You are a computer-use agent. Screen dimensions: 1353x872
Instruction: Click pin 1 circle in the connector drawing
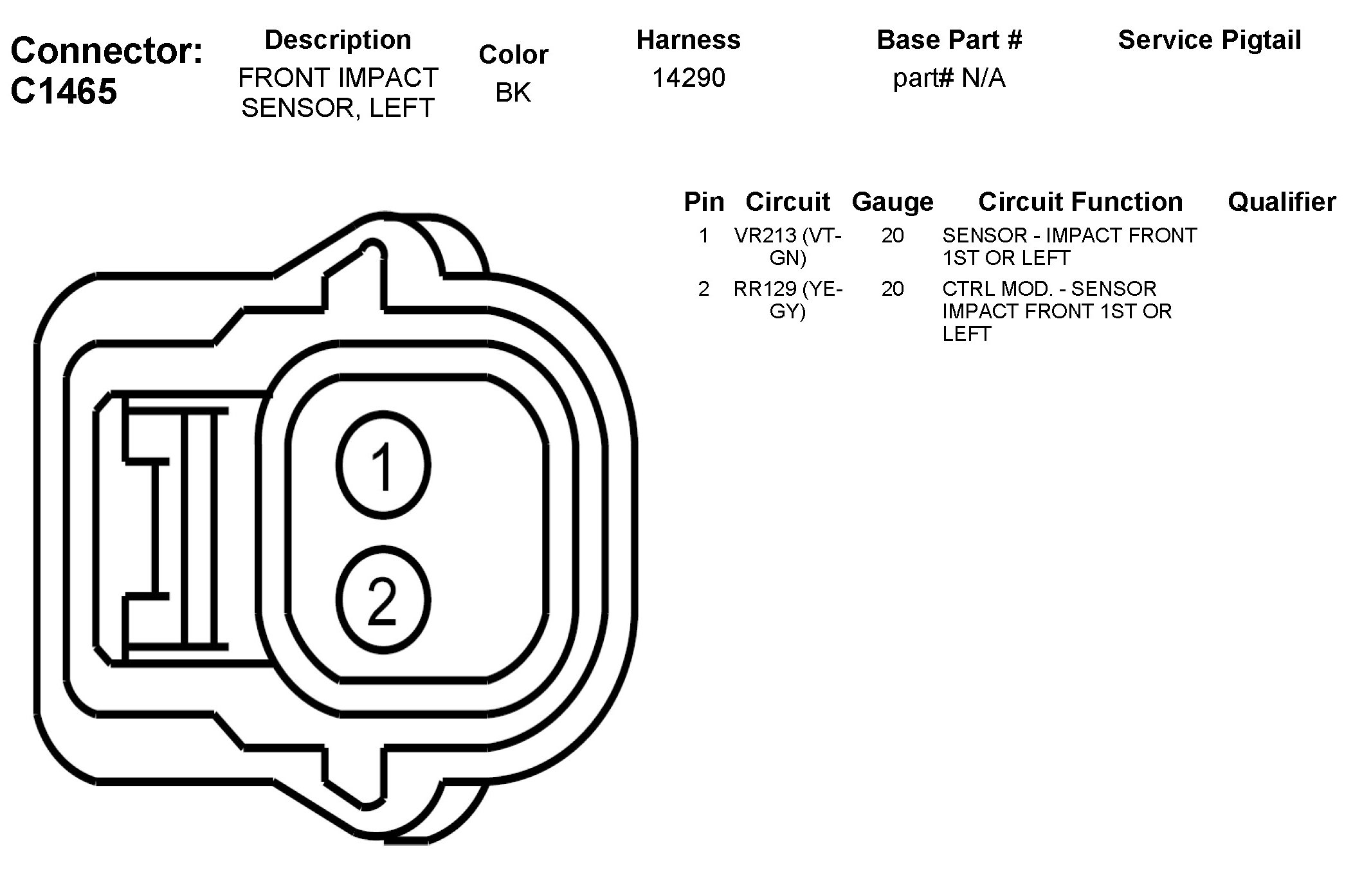[x=383, y=465]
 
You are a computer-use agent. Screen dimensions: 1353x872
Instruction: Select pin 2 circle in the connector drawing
[x=383, y=600]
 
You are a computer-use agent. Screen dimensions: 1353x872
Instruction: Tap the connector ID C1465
[x=64, y=91]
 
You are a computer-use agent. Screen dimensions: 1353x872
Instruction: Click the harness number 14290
[x=689, y=78]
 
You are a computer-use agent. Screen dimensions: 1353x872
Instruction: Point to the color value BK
[x=513, y=93]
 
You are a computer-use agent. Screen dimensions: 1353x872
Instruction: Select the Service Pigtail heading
[x=1210, y=40]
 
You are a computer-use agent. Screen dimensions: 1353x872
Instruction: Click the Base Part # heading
[x=949, y=40]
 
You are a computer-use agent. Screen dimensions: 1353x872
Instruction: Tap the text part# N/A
[x=949, y=78]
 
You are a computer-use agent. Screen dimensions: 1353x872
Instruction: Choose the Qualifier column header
[x=1282, y=202]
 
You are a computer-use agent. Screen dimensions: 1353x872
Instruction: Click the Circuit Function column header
[x=1080, y=202]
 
